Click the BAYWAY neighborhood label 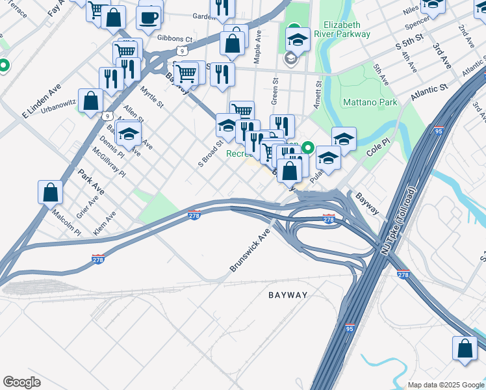pos(288,295)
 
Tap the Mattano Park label pos(370,103)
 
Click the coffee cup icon pos(149,17)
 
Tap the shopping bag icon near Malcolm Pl pos(51,192)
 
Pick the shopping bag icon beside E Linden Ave pos(91,101)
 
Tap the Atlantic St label pos(429,91)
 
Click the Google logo pos(21,382)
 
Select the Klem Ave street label pos(104,223)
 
